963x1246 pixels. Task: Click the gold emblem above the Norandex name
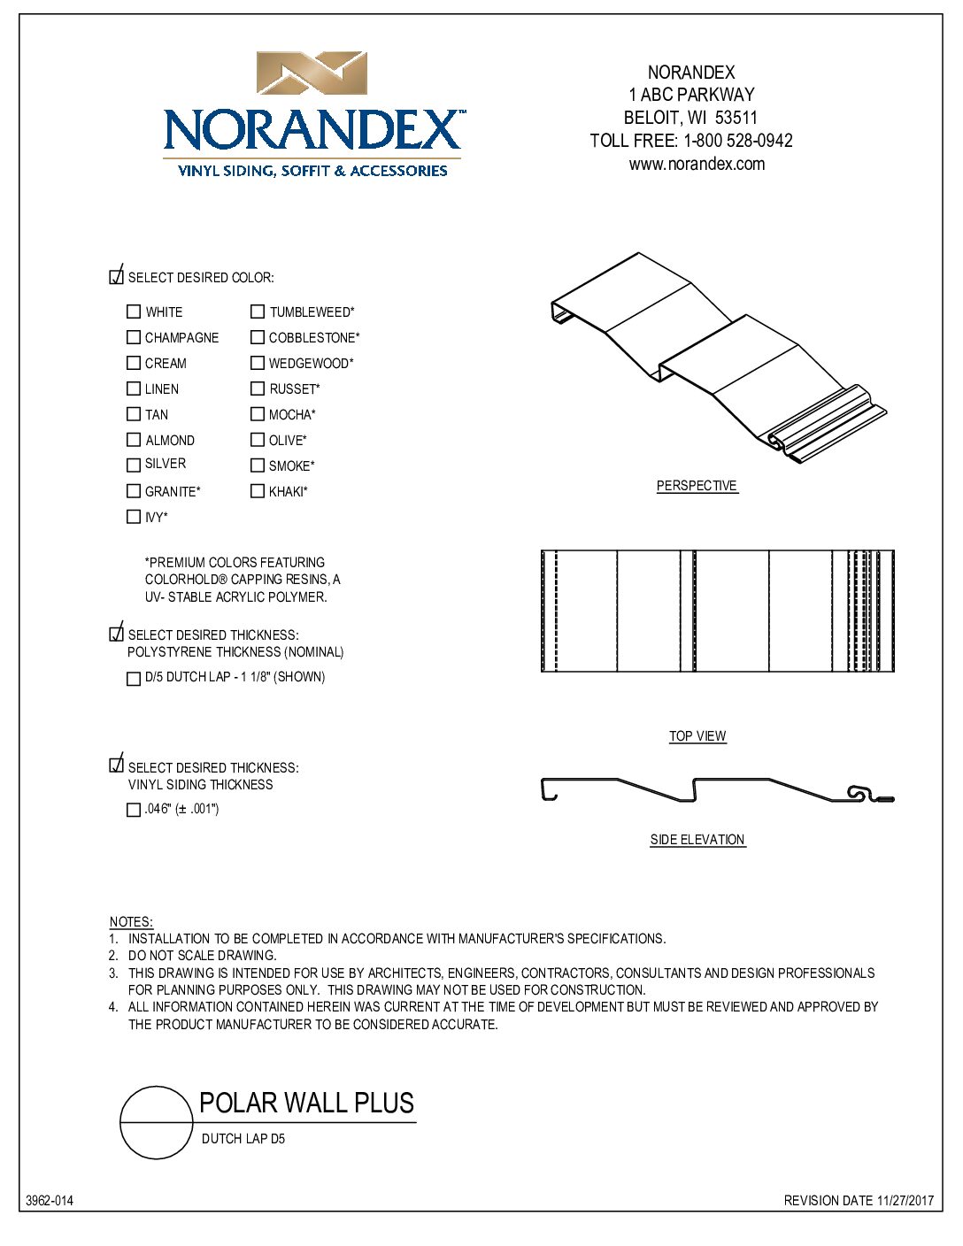pos(312,73)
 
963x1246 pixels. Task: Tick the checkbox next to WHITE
pos(134,311)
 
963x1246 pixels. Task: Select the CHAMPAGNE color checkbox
pos(134,337)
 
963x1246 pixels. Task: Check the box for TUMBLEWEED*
pos(258,311)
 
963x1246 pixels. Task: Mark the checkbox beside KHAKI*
pos(258,491)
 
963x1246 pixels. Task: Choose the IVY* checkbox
pos(134,517)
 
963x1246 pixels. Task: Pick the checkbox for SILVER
pos(134,465)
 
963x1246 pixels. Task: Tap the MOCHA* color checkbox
pos(258,414)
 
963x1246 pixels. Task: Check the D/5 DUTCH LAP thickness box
pos(134,679)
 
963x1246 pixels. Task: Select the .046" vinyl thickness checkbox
pos(134,810)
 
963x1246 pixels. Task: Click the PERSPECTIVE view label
pos(697,486)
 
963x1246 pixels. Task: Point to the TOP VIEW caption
pos(697,736)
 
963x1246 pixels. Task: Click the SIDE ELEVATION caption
pos(697,840)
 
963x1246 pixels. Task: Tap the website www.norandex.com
pos(697,164)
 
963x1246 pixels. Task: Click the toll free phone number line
pos(691,141)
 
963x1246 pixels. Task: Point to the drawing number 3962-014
pos(50,1201)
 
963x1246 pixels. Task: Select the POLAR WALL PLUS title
pos(306,1104)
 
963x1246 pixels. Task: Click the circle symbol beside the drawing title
pos(157,1122)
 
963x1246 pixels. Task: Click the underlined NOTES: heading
pos(131,922)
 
